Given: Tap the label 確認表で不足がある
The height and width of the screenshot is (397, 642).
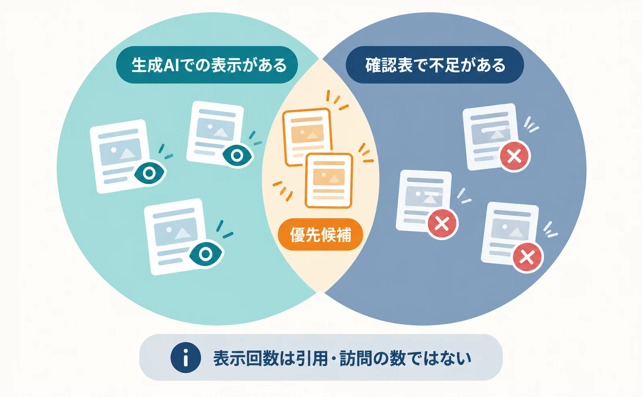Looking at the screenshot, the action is pos(435,65).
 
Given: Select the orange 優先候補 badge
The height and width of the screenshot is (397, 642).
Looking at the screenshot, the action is pos(321,235).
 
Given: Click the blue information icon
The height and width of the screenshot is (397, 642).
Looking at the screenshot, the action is pos(185,358).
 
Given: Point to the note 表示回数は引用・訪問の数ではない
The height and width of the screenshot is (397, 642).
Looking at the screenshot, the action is pos(342,358).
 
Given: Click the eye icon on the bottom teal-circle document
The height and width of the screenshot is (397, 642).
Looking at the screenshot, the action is pos(206,254).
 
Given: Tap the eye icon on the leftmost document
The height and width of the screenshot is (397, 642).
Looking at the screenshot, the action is pos(150,173).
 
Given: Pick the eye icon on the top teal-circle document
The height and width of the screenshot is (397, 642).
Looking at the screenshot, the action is pos(237,155).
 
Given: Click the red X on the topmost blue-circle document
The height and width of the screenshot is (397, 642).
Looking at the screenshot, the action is pos(515,156).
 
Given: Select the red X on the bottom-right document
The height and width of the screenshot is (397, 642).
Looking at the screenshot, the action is pos(527,257).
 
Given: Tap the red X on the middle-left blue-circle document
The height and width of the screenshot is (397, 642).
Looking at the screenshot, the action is pos(442,224).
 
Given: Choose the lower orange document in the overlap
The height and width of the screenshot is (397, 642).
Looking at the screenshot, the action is pos(329,180).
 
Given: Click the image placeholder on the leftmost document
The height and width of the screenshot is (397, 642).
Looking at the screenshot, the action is pos(121,152).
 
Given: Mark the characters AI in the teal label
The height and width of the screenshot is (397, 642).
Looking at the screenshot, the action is pos(171,65).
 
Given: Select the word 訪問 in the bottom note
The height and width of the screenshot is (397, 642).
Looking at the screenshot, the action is pos(356,358).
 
